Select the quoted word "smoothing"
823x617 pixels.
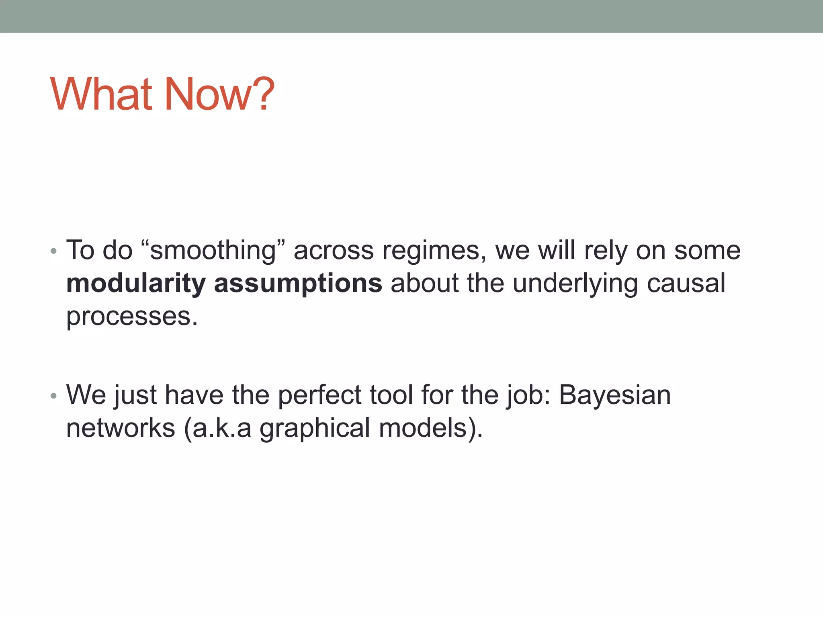(x=213, y=251)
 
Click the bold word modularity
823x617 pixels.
(x=136, y=284)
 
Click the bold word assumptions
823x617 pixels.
(x=298, y=284)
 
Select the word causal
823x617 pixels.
(x=686, y=284)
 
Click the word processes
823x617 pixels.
(x=131, y=317)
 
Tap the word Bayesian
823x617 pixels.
(x=615, y=396)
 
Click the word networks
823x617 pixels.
(x=121, y=428)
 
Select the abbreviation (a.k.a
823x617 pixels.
(x=217, y=429)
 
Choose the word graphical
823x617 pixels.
(x=315, y=429)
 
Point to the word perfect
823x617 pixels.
(x=319, y=396)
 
